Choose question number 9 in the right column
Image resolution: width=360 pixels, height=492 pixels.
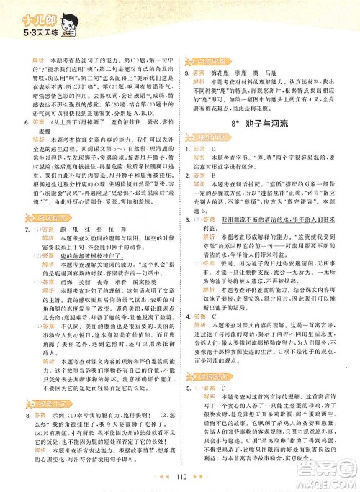tap(187, 73)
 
